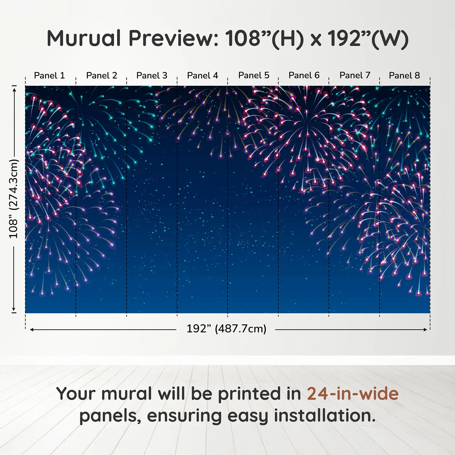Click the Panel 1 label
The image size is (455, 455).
49,75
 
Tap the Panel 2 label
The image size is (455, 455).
101,75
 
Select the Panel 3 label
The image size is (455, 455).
152,75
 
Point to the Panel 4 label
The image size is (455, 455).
202,75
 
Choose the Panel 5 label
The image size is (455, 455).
254,75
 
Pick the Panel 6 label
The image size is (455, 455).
304,75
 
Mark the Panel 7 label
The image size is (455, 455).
355,75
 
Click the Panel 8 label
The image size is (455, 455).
405,75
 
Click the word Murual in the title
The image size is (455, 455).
84,38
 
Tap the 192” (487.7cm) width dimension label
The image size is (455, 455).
227,329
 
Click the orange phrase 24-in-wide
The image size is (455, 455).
353,394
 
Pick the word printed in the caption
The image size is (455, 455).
259,394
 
